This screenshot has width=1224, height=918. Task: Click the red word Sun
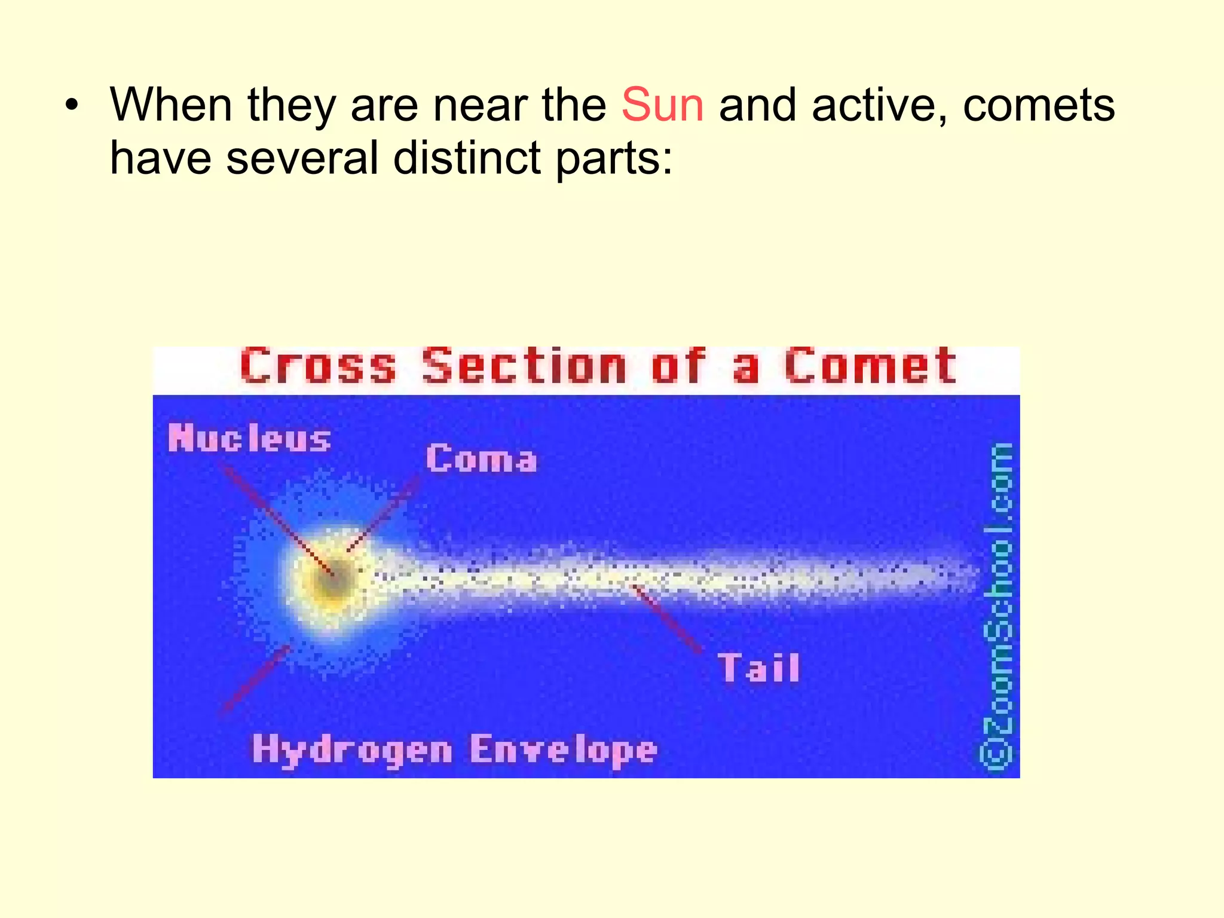click(x=662, y=105)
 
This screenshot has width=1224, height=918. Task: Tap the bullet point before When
click(x=72, y=106)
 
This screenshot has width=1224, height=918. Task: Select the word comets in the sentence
click(x=1039, y=105)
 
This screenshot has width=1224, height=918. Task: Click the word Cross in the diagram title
click(x=318, y=366)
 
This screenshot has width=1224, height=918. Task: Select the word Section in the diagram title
click(x=524, y=366)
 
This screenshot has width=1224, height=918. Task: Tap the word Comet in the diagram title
click(x=870, y=366)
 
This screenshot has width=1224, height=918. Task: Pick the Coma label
click(x=481, y=460)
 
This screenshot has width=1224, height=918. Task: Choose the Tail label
click(x=758, y=668)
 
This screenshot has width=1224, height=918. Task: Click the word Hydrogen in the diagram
click(x=352, y=749)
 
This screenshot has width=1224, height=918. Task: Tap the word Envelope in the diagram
click(x=563, y=749)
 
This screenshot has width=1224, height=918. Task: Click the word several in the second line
click(x=302, y=158)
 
